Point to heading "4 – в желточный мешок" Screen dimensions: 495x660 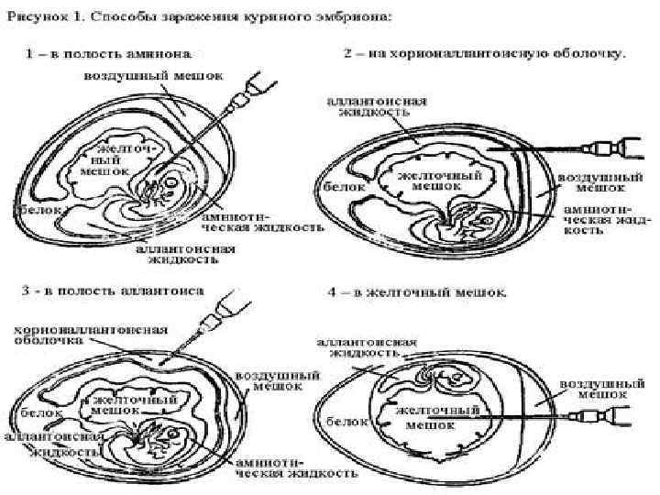coord(417,294)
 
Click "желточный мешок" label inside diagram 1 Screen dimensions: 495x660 coord(104,158)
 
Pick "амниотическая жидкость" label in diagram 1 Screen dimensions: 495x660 coord(261,222)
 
